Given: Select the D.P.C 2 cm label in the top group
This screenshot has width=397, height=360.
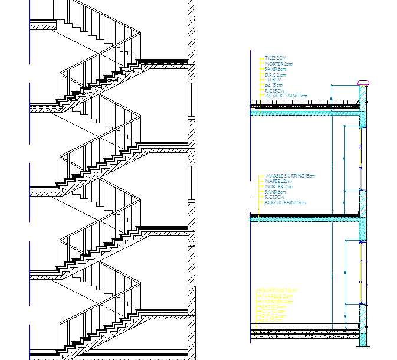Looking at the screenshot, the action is pos(276,74).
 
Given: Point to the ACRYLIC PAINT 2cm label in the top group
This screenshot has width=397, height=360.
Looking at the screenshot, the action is pos(286,96).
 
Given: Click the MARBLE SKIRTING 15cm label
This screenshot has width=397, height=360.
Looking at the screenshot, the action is pos(290,176).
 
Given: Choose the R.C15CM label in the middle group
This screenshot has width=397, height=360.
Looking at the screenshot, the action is pos(275,197).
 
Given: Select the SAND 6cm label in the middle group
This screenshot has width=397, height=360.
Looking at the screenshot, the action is pos(275,192).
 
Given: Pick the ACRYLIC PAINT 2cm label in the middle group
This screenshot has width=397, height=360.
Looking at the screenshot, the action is pos(286,202).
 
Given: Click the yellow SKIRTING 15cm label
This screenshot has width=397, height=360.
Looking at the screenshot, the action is pos(278,291).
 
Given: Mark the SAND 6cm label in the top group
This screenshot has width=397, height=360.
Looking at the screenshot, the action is pos(275,69).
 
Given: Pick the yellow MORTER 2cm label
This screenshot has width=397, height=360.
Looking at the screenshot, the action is pos(277,302).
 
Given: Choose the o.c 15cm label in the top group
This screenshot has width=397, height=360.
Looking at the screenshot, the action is pos(274,85).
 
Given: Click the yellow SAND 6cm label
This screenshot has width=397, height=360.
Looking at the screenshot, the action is pos(274,307).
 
